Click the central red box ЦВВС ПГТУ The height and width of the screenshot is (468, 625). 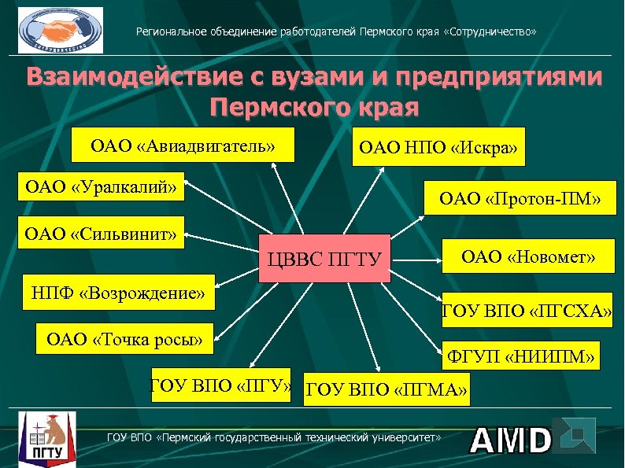click(325, 259)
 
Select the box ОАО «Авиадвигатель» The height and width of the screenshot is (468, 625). click(183, 146)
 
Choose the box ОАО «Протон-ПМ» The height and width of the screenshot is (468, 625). click(520, 201)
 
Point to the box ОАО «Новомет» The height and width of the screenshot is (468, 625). click(527, 256)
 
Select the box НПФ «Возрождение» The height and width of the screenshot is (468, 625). click(117, 293)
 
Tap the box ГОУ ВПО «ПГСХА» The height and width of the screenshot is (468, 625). click(527, 313)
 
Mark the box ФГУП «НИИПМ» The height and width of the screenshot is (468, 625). click(521, 357)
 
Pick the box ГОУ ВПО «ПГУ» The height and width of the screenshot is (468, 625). click(220, 385)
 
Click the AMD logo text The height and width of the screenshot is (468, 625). click(511, 441)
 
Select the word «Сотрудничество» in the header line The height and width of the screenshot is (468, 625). click(491, 32)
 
